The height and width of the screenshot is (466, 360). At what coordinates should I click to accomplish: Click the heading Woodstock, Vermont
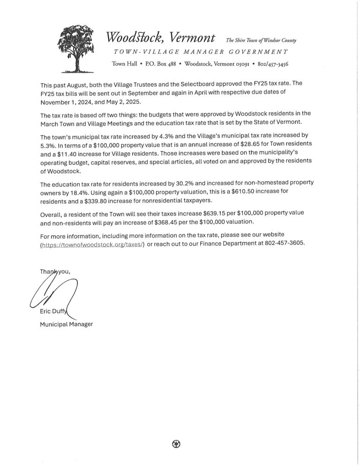[161, 38]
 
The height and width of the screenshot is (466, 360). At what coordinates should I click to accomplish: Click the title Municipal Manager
[66, 323]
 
